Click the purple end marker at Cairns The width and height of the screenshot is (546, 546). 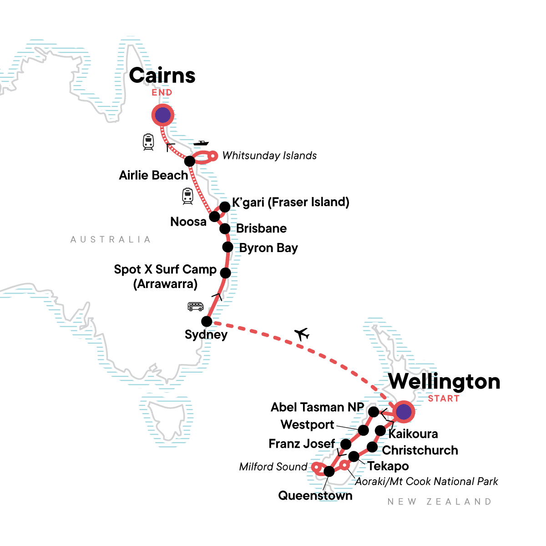pyautogui.click(x=162, y=115)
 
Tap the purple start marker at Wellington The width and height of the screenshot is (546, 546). pyautogui.click(x=404, y=412)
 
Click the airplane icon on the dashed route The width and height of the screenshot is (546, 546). pyautogui.click(x=302, y=334)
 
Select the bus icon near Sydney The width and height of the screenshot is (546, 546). pyautogui.click(x=196, y=307)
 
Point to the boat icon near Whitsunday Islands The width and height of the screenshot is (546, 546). pyautogui.click(x=201, y=143)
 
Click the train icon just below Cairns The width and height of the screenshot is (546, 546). pyautogui.click(x=148, y=142)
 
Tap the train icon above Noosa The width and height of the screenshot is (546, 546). pyautogui.click(x=187, y=196)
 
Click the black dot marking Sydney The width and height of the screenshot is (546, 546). pyautogui.click(x=207, y=321)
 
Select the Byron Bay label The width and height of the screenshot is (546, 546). pyautogui.click(x=268, y=248)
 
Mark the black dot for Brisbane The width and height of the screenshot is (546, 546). pyautogui.click(x=225, y=228)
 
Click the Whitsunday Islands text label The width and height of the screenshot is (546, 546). pyautogui.click(x=269, y=156)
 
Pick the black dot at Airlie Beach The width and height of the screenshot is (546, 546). pyautogui.click(x=190, y=161)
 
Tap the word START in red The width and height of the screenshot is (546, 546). pyautogui.click(x=444, y=399)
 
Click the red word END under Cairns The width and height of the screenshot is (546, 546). pyautogui.click(x=162, y=92)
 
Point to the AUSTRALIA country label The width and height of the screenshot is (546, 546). pyautogui.click(x=111, y=239)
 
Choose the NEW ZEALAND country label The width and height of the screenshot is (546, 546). pyautogui.click(x=440, y=501)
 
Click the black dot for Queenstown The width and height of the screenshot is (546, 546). pyautogui.click(x=329, y=471)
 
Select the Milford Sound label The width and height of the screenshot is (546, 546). pyautogui.click(x=273, y=467)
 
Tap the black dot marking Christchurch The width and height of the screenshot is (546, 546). pyautogui.click(x=372, y=447)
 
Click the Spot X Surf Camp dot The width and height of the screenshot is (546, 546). pyautogui.click(x=225, y=273)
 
